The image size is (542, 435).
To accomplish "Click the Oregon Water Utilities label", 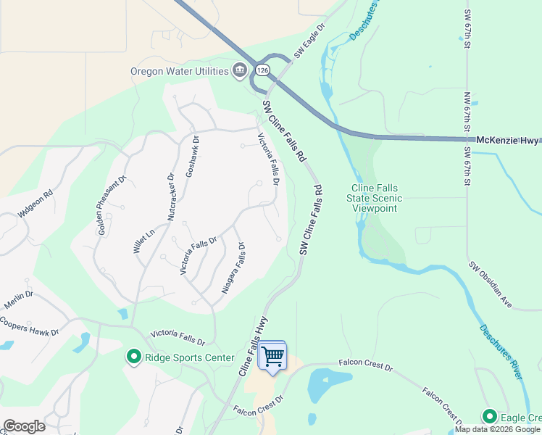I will pos(178,71).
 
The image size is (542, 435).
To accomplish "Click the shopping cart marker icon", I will pos(272,356).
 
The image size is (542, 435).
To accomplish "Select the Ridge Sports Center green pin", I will pos(133,357).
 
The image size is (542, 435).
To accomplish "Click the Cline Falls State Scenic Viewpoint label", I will pos(375,198).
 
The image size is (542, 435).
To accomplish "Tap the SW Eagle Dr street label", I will pos(310,45).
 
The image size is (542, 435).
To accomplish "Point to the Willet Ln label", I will pos(144,240).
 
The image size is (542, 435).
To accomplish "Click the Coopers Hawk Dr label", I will pos(29,326).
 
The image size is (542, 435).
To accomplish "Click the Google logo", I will pos(24,426).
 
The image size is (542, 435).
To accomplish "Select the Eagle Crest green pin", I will pos(490,416).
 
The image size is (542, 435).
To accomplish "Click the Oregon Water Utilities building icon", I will pos(238,70).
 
